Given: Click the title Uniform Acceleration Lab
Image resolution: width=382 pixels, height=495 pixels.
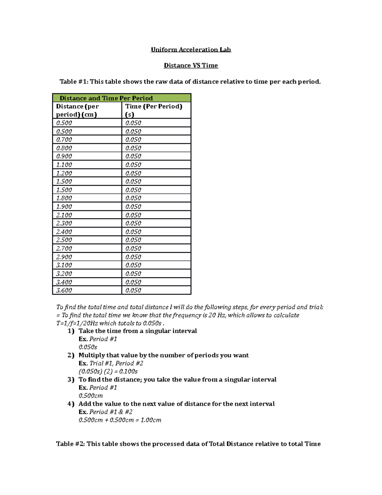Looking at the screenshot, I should click(x=191, y=50).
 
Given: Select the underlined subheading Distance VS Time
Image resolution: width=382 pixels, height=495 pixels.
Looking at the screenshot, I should click(x=191, y=66).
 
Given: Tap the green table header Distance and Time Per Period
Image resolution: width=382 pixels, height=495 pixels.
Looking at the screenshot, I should click(x=106, y=98).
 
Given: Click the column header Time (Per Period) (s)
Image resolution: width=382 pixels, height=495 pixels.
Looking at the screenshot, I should click(x=154, y=110).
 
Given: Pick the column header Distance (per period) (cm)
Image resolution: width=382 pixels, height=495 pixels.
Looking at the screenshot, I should click(x=77, y=110).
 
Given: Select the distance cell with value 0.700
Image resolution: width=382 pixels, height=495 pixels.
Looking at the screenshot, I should click(x=64, y=140).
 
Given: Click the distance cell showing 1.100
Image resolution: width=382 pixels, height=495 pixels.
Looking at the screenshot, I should click(x=64, y=165).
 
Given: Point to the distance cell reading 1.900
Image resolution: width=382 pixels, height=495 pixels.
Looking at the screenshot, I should click(x=64, y=207).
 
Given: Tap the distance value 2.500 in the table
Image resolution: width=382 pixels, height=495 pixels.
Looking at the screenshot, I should click(x=64, y=240).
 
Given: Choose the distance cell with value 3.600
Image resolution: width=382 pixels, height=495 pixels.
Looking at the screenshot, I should click(x=64, y=290).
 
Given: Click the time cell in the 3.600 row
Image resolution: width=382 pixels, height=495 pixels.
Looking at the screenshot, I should click(x=133, y=290).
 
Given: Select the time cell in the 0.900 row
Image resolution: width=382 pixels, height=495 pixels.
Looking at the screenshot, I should click(x=133, y=156).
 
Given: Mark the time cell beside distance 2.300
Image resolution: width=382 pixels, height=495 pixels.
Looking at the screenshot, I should click(x=133, y=223).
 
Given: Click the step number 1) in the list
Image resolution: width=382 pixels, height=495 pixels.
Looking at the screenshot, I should click(x=71, y=331).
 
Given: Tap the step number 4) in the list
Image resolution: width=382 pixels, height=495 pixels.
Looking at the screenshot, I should click(x=71, y=404).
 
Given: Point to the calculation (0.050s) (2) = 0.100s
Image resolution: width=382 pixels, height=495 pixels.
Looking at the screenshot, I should click(x=108, y=371).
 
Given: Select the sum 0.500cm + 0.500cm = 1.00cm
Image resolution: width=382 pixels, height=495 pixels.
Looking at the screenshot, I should click(x=120, y=420).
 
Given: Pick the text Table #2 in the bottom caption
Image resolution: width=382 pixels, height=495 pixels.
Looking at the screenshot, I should click(x=70, y=444).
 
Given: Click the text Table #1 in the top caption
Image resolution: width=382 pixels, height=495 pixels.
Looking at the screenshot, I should click(x=74, y=82).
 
